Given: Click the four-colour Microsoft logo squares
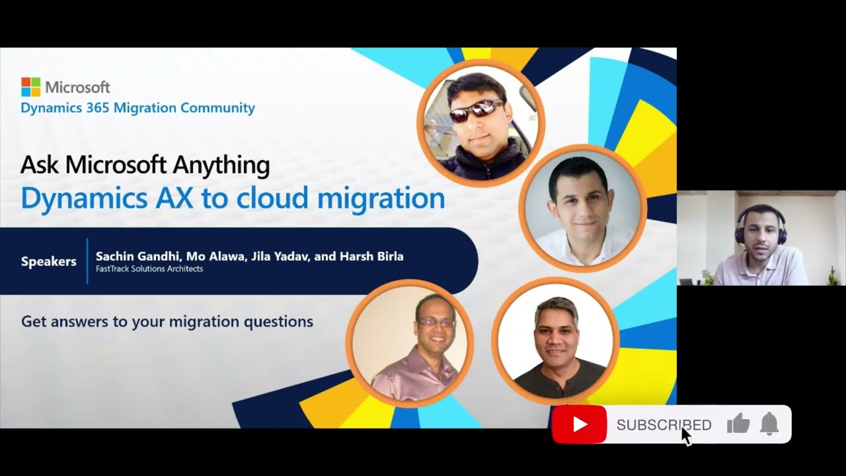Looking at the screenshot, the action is pos(30,87).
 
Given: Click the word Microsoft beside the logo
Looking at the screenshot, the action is pos(78,87).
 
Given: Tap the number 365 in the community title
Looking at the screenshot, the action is pos(98,108).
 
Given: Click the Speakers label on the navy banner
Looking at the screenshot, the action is pos(49,261).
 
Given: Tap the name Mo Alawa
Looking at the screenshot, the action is pos(216,257).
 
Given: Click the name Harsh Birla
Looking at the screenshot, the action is pos(371,257).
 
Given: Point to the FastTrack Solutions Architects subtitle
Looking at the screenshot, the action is pos(149,269).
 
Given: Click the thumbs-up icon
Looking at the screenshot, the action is pos(738,423).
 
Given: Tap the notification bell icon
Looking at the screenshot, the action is pos(769,424).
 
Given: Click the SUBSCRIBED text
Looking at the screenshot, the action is pos(664,425).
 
